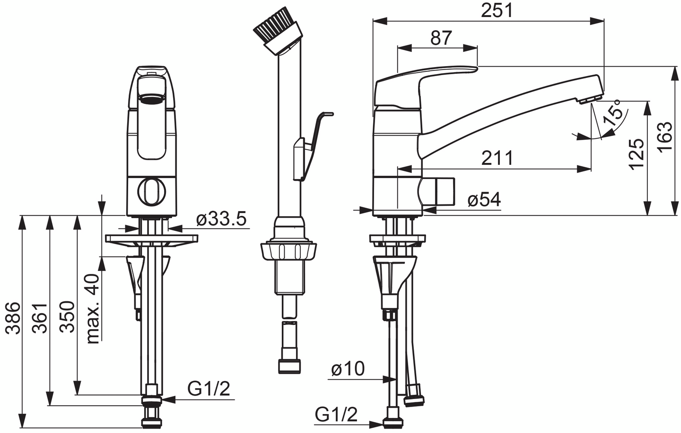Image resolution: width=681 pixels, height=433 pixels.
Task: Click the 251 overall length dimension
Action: [x=497, y=10]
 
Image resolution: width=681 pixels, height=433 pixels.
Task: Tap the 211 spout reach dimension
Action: [x=498, y=158]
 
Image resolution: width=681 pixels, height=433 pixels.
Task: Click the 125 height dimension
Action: [x=637, y=154]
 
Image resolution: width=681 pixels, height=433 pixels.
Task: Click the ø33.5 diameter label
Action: [x=221, y=219]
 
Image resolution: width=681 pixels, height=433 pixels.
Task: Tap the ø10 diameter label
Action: [x=348, y=369]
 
